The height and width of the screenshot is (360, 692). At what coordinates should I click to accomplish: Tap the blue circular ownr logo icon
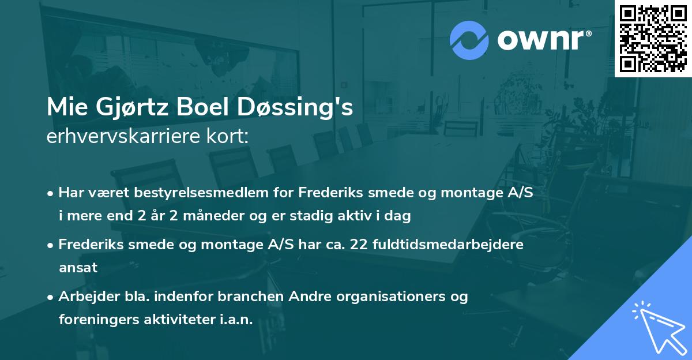point(469,40)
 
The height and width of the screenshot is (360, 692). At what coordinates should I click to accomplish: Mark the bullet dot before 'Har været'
point(51,193)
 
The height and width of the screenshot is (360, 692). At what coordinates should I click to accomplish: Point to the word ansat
point(78,268)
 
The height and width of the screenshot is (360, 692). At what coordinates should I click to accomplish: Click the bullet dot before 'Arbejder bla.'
point(51,297)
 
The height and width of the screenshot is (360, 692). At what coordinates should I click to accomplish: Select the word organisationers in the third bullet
point(370,297)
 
